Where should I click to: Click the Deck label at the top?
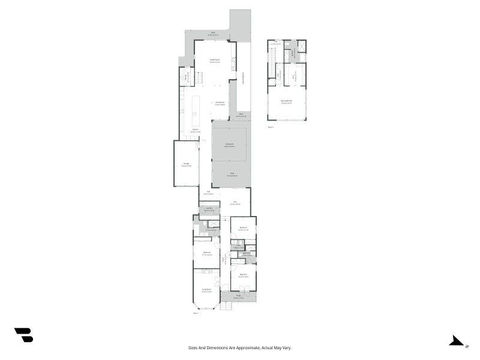[212, 35]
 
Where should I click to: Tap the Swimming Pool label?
[242, 79]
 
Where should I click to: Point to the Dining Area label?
[220, 103]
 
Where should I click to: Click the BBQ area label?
[241, 115]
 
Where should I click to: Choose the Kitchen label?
[195, 130]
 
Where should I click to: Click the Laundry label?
[209, 209]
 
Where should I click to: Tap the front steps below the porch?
[226, 306]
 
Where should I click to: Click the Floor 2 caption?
[271, 127]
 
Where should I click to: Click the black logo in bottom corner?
[23, 335]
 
